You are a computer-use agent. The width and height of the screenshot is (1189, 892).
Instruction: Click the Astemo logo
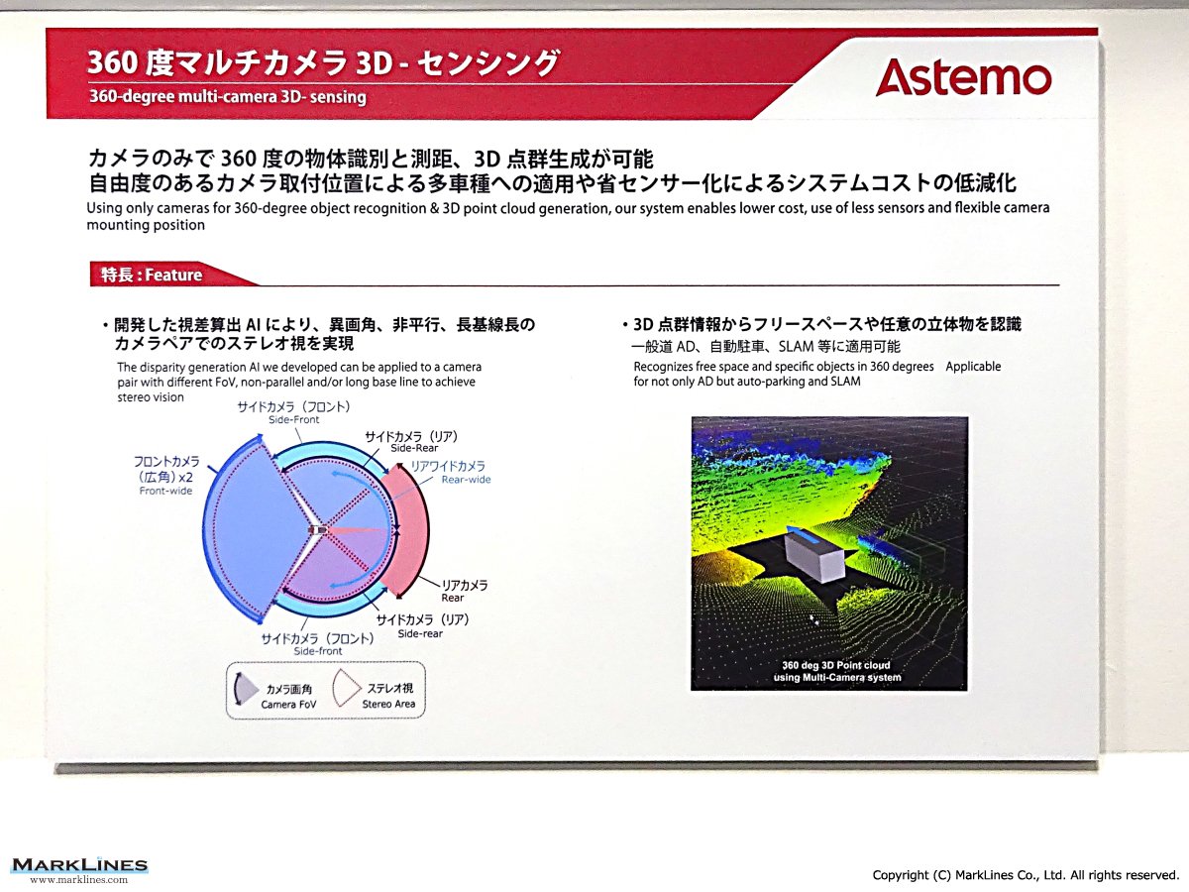coord(963,77)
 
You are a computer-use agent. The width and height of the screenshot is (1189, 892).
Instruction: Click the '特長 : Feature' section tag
coord(152,275)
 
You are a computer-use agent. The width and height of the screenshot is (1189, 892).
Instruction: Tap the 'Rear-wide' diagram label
coord(466,480)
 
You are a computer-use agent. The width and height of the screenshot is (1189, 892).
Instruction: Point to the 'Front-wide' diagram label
coord(165,491)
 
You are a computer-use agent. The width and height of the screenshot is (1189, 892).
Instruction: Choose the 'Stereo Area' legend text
coord(388,704)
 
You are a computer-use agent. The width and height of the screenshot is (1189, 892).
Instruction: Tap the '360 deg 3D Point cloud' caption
coord(836,665)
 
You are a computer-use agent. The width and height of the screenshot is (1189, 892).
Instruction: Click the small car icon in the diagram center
coord(318,529)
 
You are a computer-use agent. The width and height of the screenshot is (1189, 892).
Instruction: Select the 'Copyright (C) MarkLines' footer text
coord(1026,875)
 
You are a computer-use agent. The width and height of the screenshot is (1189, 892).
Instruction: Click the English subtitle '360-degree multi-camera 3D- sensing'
coord(228,97)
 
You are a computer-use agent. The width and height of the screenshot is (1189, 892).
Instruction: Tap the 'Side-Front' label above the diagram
coord(293,419)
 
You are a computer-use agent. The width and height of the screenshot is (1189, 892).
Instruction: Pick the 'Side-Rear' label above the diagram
coord(414,448)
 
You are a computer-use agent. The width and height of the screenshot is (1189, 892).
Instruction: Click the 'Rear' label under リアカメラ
coord(452,598)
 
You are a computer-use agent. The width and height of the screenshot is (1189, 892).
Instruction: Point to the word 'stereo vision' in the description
coord(151,397)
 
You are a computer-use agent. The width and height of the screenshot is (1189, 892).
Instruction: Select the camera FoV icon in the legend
coord(246,690)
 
